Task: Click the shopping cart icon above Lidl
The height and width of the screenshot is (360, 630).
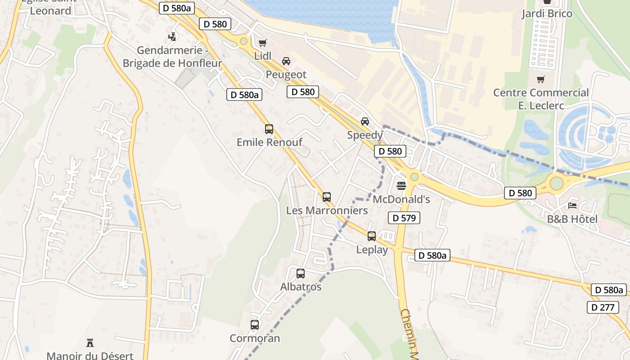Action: click(x=262, y=43)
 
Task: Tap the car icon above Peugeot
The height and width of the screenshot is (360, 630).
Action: click(x=286, y=61)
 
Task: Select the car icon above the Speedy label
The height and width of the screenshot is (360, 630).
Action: click(x=365, y=121)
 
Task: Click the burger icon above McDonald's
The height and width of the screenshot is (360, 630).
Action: click(x=401, y=185)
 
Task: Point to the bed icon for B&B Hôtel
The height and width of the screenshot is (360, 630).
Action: click(x=572, y=206)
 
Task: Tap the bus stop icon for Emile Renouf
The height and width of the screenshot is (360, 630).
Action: click(x=269, y=129)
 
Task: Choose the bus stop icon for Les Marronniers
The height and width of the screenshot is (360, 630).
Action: click(x=327, y=197)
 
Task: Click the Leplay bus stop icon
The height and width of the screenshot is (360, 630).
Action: click(x=372, y=236)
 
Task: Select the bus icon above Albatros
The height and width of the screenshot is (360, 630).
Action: click(x=301, y=273)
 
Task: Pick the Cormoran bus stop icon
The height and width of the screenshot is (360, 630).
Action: click(x=255, y=324)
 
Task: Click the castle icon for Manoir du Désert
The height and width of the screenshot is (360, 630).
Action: click(x=90, y=343)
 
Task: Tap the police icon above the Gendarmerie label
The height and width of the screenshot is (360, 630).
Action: click(x=172, y=36)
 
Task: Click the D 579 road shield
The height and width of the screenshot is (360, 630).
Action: click(x=404, y=218)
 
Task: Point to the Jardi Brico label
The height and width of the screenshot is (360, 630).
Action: click(x=547, y=13)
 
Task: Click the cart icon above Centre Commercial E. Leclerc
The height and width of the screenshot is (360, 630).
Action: click(x=541, y=80)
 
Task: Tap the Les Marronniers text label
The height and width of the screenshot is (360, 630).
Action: click(x=327, y=210)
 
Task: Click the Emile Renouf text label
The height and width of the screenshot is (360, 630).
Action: click(x=270, y=142)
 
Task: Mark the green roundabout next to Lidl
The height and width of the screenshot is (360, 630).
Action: click(x=244, y=41)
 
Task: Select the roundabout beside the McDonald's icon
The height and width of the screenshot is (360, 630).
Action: click(x=414, y=177)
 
